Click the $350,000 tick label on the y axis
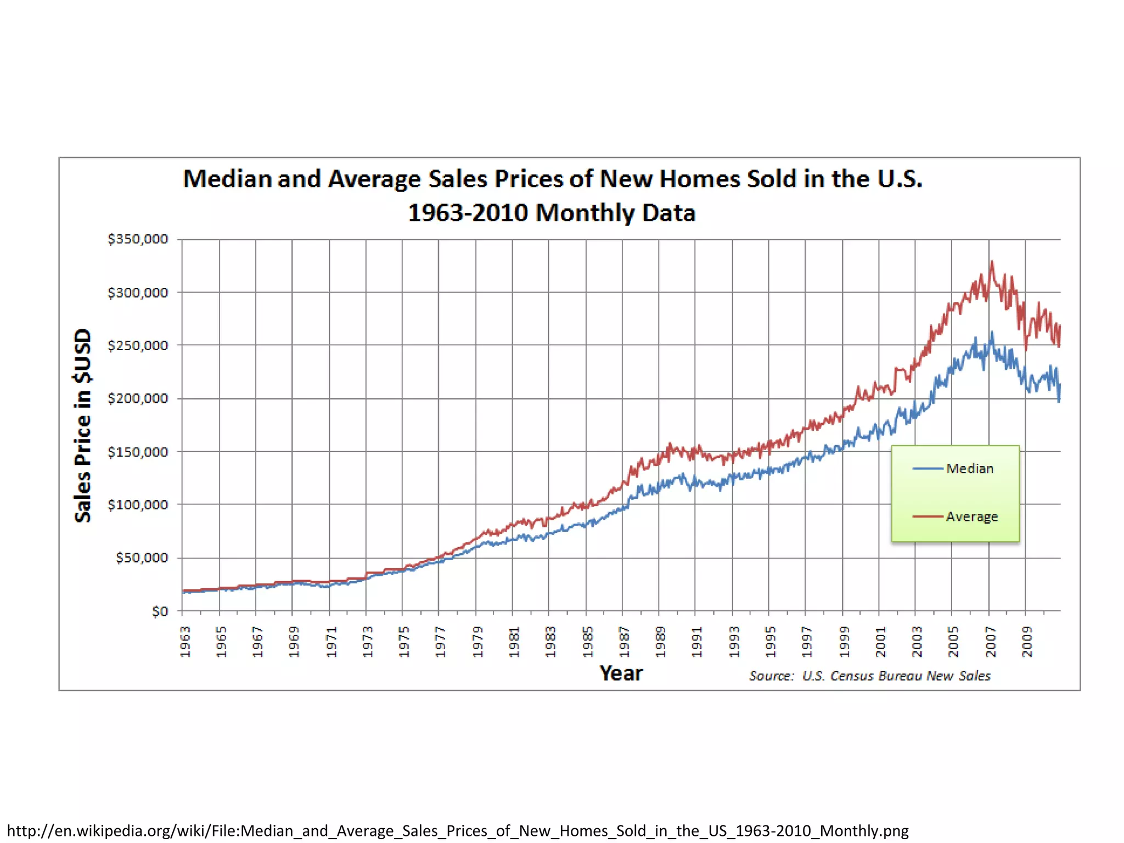(x=138, y=239)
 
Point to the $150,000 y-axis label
(x=138, y=452)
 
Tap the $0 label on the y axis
(x=160, y=611)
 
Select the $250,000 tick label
(x=138, y=345)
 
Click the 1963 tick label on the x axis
(x=186, y=641)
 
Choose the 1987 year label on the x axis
(x=624, y=641)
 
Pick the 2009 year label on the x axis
(x=1027, y=641)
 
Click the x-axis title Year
(x=621, y=673)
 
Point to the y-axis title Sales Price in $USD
(x=83, y=425)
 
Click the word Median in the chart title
(x=227, y=179)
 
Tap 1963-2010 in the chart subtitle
(x=468, y=213)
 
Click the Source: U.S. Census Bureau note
(x=869, y=676)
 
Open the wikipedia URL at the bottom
(x=458, y=830)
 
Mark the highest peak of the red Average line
(x=992, y=262)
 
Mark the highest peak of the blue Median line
(x=992, y=332)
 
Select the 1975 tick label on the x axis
(x=404, y=641)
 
